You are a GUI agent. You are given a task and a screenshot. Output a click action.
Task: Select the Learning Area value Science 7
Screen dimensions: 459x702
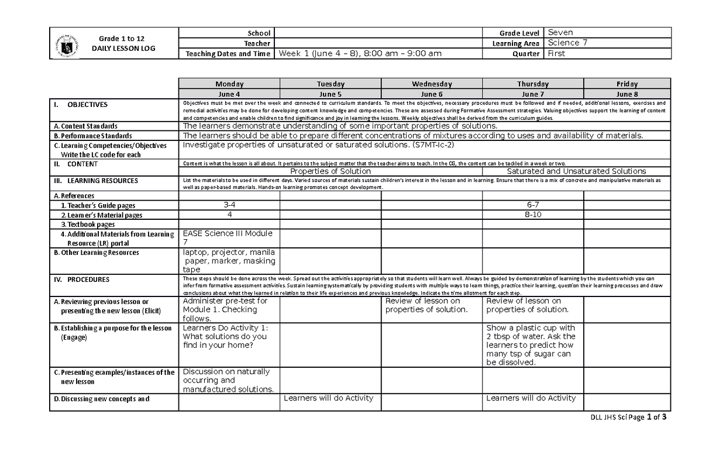click(563, 43)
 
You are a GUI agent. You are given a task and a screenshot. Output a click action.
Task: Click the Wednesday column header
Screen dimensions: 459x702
click(432, 84)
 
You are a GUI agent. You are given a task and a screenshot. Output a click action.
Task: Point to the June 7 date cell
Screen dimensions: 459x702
click(533, 94)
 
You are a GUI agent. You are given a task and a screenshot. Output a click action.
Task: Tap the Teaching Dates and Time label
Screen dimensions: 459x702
click(228, 54)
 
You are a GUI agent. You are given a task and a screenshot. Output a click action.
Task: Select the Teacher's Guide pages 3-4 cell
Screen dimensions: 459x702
click(229, 205)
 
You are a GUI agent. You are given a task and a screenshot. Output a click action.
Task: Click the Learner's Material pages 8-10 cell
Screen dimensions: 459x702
click(533, 215)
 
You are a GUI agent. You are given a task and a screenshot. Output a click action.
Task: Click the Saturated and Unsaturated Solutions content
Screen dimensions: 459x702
click(576, 171)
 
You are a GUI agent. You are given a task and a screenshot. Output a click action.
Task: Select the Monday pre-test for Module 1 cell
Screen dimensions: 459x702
click(225, 309)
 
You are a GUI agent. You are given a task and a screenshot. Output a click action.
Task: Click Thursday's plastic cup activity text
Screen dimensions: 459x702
click(531, 345)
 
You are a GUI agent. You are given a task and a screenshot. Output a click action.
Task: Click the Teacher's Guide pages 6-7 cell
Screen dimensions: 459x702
click(533, 205)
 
